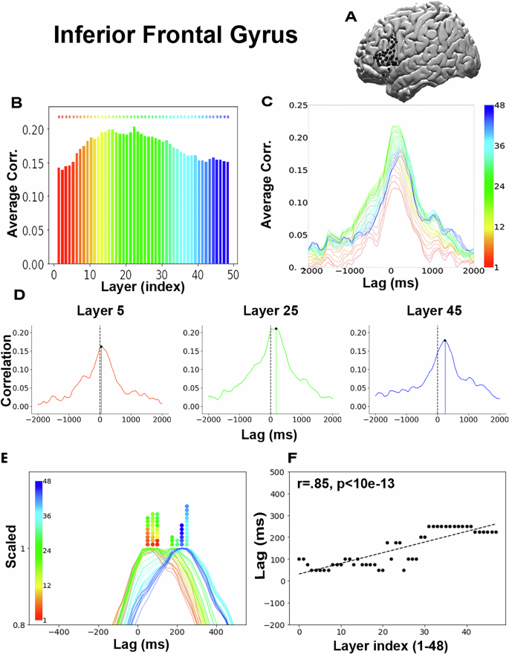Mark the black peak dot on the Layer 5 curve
[101, 347]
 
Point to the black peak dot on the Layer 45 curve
[444, 341]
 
